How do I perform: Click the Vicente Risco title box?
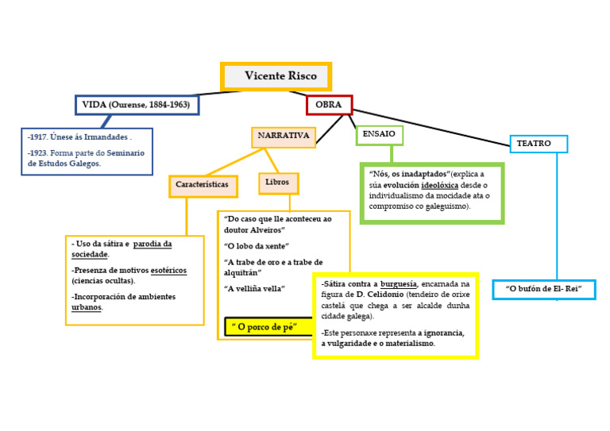276,76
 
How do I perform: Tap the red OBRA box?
329,105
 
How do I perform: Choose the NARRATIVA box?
283,137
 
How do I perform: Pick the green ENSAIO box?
379,134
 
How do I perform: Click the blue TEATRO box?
538,144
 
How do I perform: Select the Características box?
202,185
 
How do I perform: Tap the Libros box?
277,183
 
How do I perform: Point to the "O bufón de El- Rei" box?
543,289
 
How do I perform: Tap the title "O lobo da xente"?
257,245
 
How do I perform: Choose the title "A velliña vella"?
254,288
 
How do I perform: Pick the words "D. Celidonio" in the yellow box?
369,294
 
